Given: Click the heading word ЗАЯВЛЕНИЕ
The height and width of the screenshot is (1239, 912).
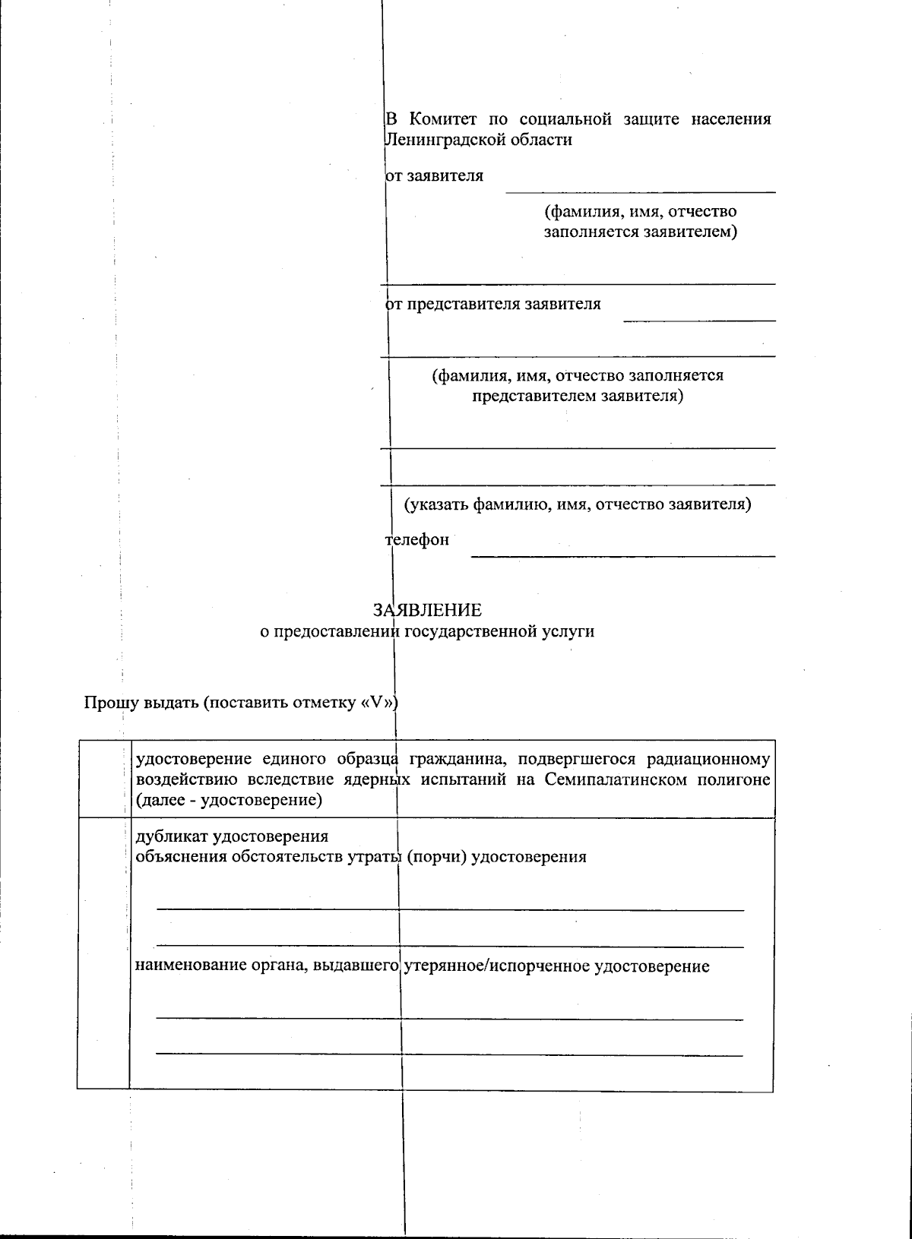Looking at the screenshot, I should (x=427, y=610).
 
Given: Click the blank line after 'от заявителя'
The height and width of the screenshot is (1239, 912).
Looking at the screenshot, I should (x=640, y=191).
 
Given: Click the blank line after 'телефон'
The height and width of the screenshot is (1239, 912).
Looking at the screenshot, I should (x=622, y=555).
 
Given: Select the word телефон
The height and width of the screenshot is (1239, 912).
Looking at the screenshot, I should (x=417, y=540).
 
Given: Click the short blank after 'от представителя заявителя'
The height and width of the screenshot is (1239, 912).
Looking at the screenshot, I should (x=699, y=320).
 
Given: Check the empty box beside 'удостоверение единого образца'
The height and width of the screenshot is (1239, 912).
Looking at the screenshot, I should (x=103, y=779).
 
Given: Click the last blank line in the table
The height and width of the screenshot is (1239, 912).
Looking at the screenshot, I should (x=448, y=1054).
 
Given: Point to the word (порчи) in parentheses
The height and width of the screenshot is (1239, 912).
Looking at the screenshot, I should (x=437, y=857).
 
